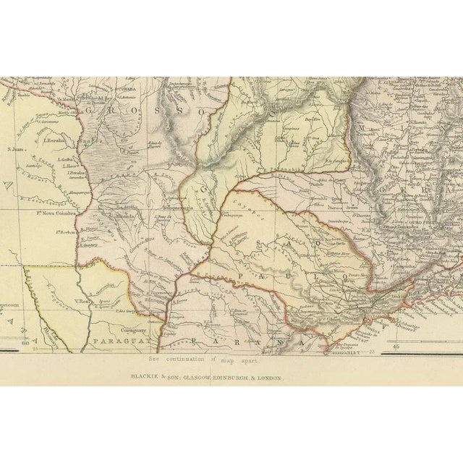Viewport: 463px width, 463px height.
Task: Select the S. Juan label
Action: click(x=16, y=150)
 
